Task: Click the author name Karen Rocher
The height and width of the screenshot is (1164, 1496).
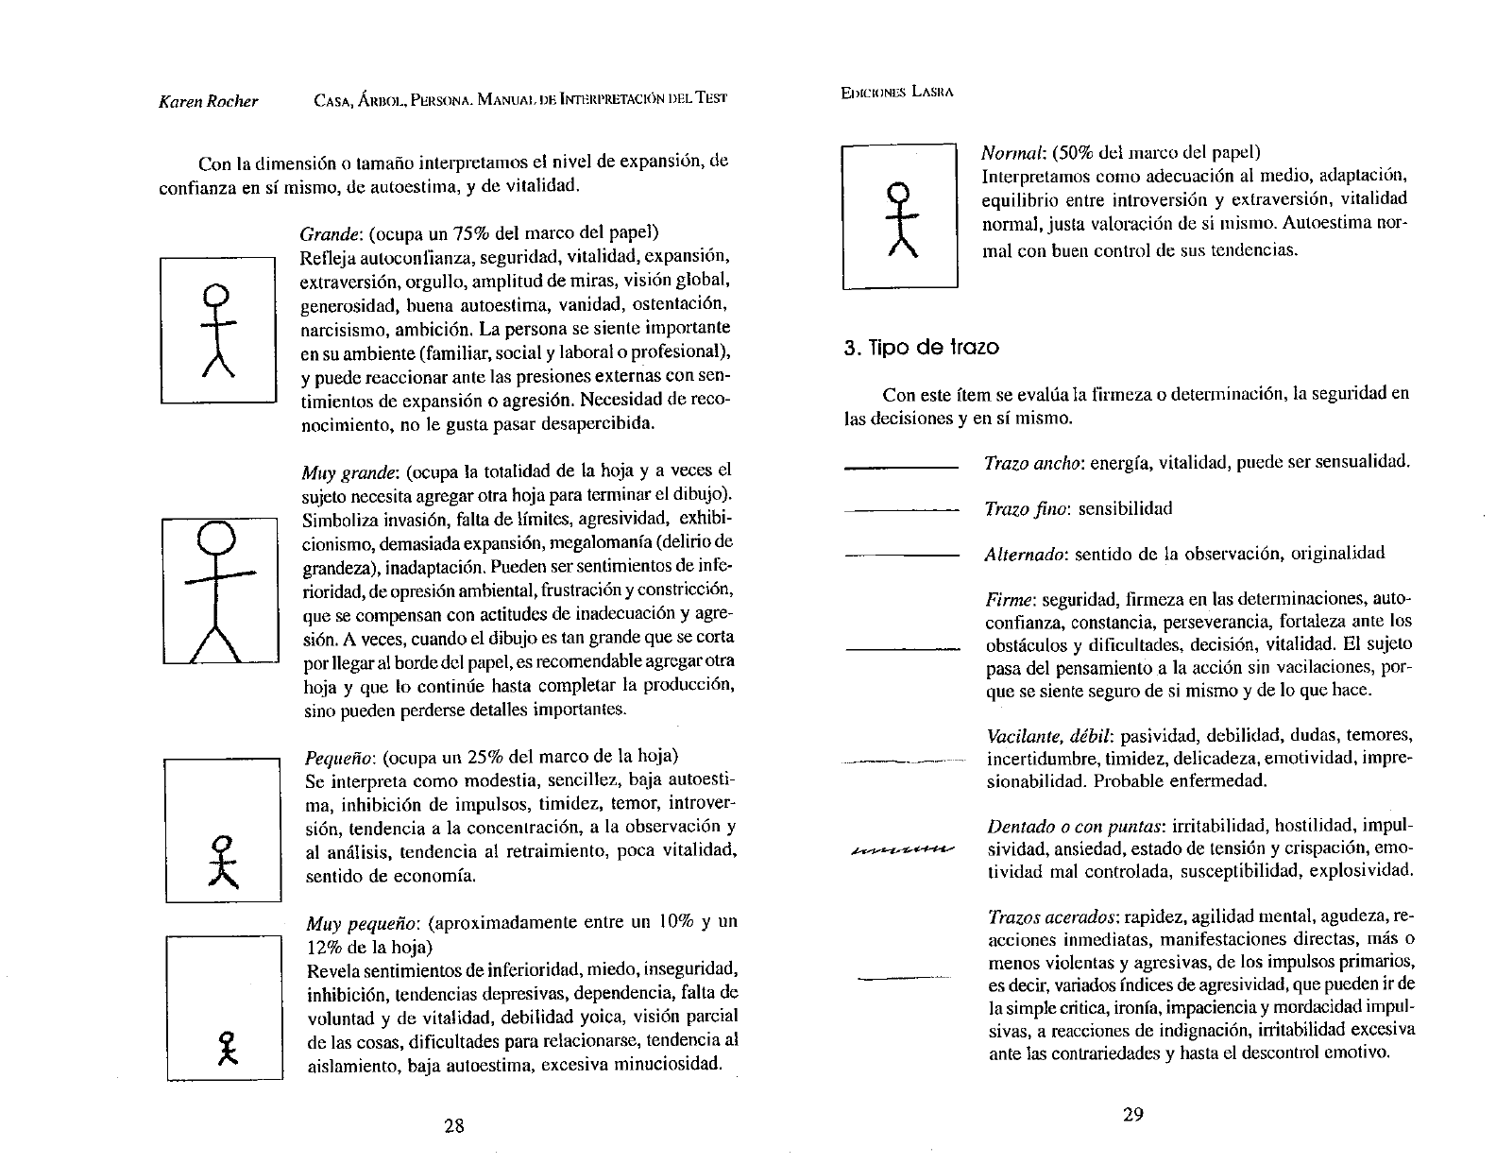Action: (x=208, y=101)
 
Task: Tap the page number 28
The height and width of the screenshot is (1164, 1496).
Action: (x=454, y=1125)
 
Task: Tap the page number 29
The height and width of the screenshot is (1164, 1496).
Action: (x=1133, y=1114)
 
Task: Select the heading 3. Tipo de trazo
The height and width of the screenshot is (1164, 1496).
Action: (x=921, y=347)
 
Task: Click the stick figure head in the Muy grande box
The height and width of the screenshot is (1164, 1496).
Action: (x=219, y=539)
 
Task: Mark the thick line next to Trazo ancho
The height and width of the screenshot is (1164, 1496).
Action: (x=901, y=466)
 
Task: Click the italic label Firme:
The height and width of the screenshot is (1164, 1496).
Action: (x=1009, y=600)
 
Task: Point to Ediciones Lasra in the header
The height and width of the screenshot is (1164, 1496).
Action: (x=897, y=93)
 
